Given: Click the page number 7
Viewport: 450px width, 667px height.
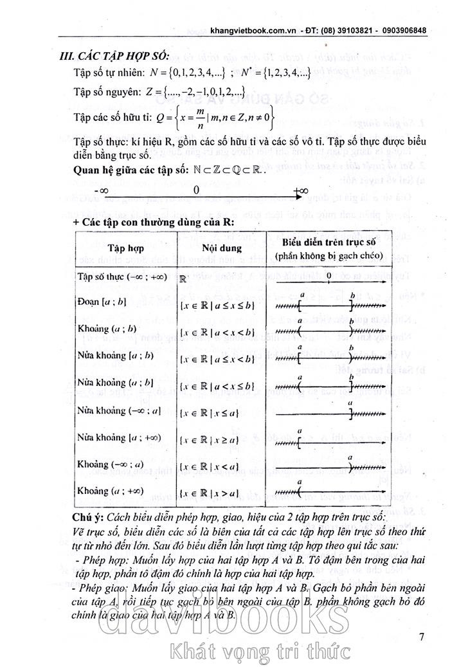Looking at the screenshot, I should pyautogui.click(x=421, y=637).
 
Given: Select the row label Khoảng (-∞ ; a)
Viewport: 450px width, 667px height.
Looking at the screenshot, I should pyautogui.click(x=116, y=464).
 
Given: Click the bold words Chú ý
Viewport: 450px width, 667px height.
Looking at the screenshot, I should pyautogui.click(x=88, y=518).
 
